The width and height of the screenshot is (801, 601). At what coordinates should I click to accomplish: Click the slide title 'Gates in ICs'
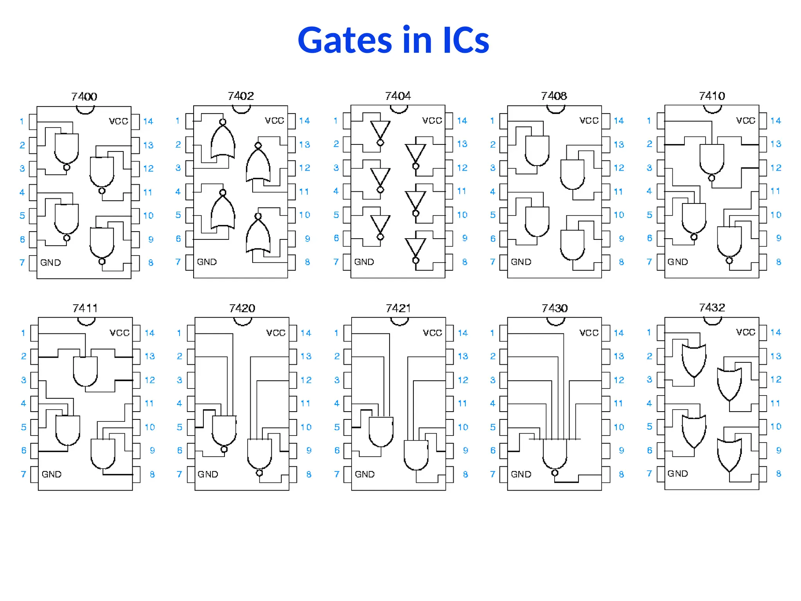point(393,40)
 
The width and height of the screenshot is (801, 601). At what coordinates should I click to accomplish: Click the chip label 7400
point(84,96)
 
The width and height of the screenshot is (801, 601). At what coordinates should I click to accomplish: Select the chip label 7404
point(398,96)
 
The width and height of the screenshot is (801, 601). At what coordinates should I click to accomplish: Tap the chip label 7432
point(712,308)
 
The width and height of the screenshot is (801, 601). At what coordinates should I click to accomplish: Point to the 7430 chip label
point(555,308)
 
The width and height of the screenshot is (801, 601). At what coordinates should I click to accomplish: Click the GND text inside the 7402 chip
point(207,262)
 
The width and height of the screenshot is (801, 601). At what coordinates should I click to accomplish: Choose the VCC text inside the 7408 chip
point(589,121)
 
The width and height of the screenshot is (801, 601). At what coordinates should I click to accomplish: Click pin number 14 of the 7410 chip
point(776,121)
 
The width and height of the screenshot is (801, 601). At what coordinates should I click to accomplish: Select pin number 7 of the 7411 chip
point(23,474)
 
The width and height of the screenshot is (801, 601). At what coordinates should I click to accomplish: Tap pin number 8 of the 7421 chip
point(465,474)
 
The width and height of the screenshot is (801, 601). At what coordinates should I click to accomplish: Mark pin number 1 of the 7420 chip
point(179,333)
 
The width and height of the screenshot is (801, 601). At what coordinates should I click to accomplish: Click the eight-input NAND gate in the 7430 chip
point(555,454)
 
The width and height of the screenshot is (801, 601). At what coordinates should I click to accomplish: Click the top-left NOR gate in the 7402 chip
point(223,141)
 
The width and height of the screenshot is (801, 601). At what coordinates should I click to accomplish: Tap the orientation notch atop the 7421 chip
point(399,321)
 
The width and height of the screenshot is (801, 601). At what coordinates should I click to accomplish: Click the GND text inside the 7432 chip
point(677,473)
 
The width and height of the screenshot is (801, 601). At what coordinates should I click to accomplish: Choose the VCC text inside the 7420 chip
point(276,333)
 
